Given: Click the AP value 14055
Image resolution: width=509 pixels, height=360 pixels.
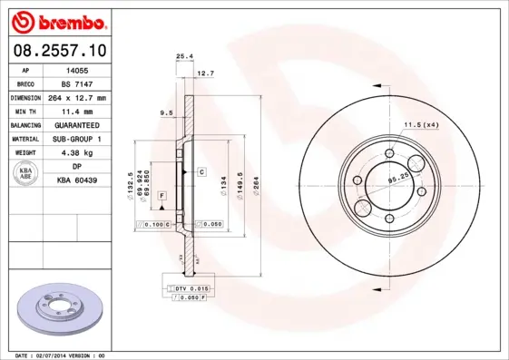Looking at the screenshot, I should [x=78, y=69].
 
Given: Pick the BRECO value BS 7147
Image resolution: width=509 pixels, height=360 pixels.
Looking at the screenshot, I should [x=78, y=83].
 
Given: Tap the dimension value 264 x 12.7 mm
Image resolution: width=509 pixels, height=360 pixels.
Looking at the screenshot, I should [x=78, y=97].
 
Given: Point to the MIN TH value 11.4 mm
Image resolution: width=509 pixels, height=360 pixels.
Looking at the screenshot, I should [x=78, y=111].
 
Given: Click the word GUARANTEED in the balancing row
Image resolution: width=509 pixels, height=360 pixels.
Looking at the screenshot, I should [x=78, y=125].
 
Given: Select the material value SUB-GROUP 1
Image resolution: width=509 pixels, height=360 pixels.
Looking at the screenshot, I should [x=78, y=139].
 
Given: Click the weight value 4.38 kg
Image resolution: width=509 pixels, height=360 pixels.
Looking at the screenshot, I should [x=78, y=152].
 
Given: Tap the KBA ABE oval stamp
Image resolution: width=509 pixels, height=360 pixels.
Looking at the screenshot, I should [x=25, y=173].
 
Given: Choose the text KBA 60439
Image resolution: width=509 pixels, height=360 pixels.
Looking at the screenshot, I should [x=78, y=180].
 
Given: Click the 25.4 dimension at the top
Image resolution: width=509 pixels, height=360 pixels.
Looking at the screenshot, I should [x=184, y=56].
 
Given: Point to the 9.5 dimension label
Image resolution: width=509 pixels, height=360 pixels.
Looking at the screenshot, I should [x=166, y=113].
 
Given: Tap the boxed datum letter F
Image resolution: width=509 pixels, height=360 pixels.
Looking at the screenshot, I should [x=162, y=196].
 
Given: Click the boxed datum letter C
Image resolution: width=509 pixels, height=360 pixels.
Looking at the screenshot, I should [x=201, y=171].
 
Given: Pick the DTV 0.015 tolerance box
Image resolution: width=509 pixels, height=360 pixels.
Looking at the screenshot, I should [x=191, y=287].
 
